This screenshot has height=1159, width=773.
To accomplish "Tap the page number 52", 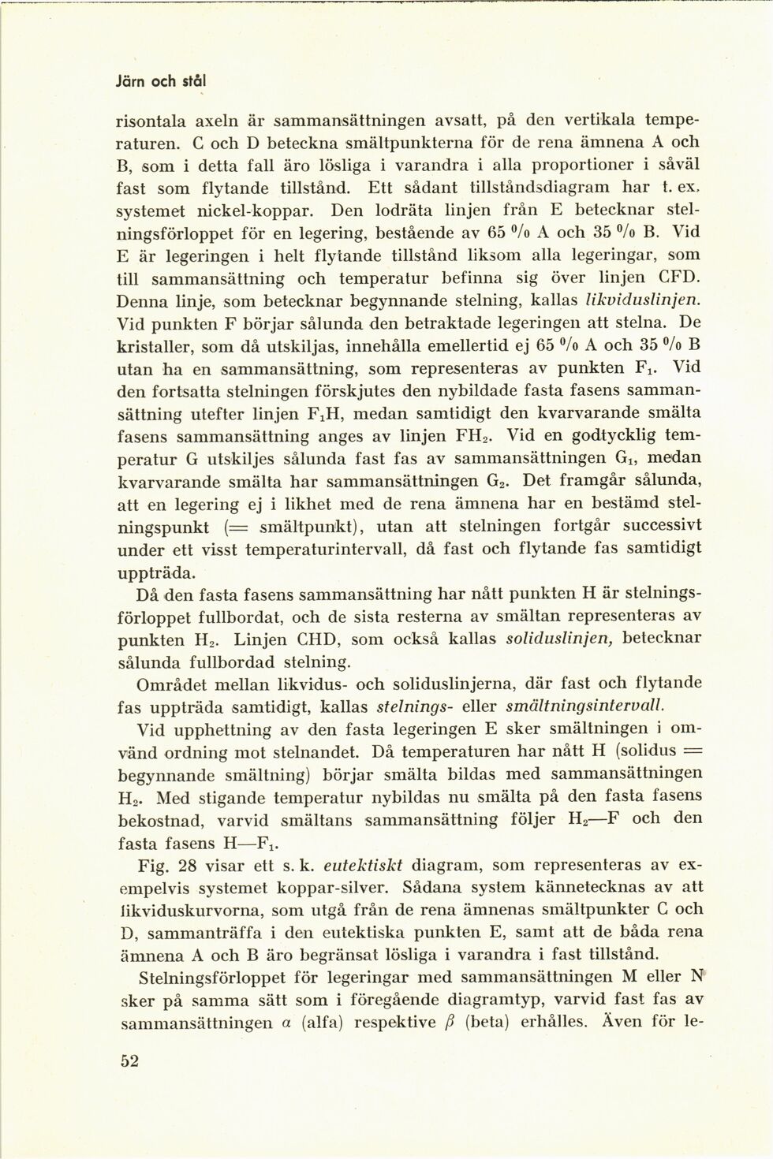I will tap(129, 1060).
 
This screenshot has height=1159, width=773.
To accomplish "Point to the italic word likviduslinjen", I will tap(642, 300).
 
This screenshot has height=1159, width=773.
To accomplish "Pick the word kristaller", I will tap(154, 346).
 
